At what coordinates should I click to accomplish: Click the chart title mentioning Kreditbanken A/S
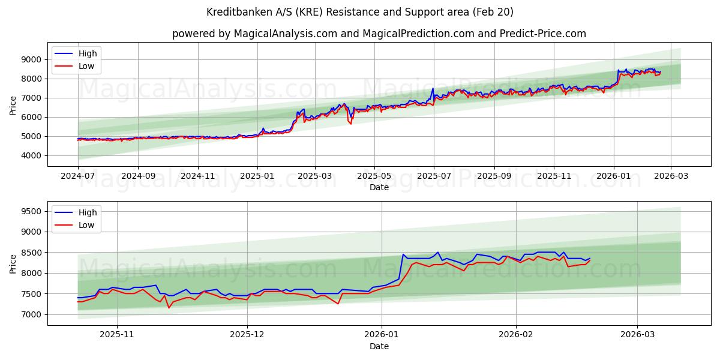[360, 12]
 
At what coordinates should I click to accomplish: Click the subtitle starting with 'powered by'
[379, 34]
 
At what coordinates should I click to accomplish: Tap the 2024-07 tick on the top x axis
[78, 176]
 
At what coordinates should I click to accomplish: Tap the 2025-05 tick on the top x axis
[374, 176]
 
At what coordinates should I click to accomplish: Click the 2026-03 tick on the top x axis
[671, 176]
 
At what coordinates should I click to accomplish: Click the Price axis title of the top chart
[13, 105]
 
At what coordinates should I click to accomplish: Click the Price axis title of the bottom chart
[13, 263]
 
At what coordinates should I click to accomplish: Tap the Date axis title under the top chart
[379, 187]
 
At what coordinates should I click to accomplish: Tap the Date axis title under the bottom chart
[379, 346]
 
